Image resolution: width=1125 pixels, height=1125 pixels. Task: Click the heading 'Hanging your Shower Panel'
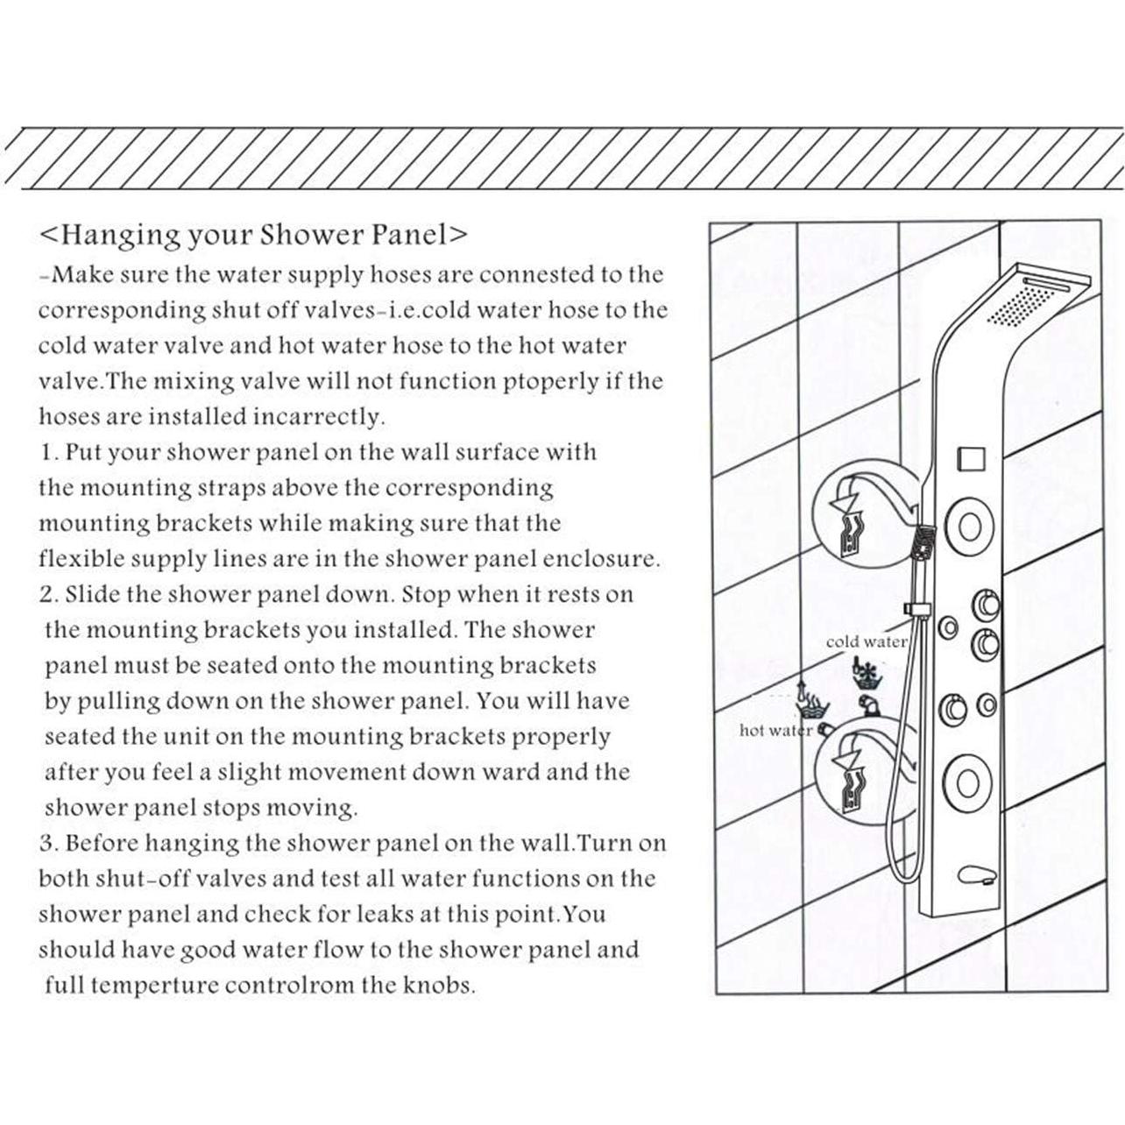(x=253, y=235)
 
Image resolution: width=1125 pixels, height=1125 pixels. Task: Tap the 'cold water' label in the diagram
(x=866, y=642)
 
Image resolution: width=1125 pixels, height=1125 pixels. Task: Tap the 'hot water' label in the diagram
(x=775, y=730)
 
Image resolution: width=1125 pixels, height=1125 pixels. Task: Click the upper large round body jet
(x=969, y=526)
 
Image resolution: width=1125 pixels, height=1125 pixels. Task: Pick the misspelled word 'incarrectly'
(x=319, y=417)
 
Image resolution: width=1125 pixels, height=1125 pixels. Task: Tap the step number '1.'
(x=48, y=453)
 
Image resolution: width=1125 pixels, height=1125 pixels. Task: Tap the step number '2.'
(x=48, y=595)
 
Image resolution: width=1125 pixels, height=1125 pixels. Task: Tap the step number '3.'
(x=48, y=844)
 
